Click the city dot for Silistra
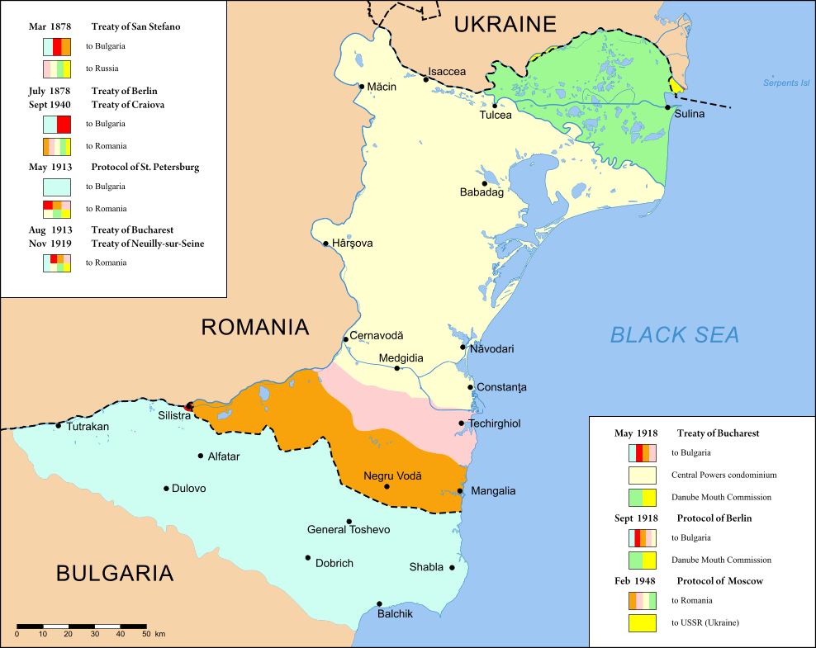(x=189, y=406)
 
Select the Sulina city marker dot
(x=667, y=107)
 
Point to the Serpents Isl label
(x=786, y=84)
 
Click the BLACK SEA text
(x=674, y=334)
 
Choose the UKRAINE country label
(x=505, y=24)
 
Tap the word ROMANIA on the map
(x=254, y=328)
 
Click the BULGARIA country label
(x=115, y=573)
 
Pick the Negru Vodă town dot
(x=387, y=486)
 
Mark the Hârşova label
(x=353, y=244)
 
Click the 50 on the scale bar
(x=146, y=634)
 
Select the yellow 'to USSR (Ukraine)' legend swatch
(x=643, y=622)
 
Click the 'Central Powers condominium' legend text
(x=723, y=475)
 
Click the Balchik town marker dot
(x=379, y=603)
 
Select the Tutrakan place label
(x=88, y=427)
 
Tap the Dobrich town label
(x=334, y=563)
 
